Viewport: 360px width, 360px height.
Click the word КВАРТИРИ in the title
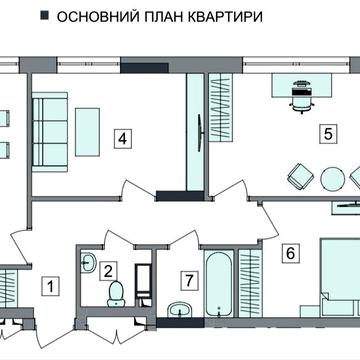[225, 17]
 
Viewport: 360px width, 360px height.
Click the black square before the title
[43, 17]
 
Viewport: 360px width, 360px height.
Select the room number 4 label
[120, 139]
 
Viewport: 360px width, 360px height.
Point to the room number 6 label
[291, 253]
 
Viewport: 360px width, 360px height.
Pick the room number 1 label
[46, 286]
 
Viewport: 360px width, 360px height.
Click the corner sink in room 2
[89, 262]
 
